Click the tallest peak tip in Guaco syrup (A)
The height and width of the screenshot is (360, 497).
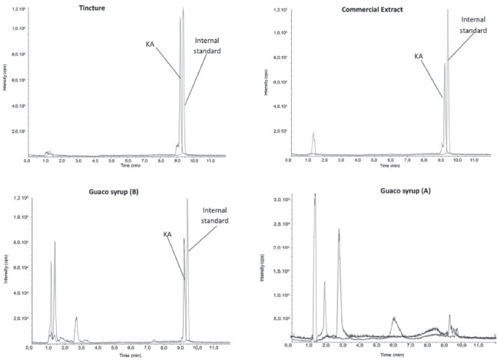click(315, 196)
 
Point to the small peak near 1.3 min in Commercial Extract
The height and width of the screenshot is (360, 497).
click(313, 135)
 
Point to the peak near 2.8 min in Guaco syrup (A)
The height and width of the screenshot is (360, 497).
click(339, 230)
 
